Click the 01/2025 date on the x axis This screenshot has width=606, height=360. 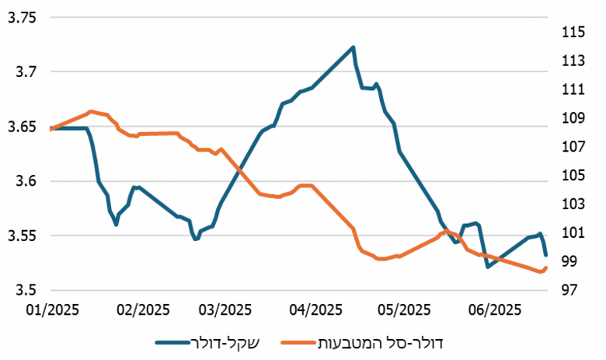(x=49, y=309)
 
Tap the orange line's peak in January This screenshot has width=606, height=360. (x=91, y=111)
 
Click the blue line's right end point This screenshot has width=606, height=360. (x=545, y=254)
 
